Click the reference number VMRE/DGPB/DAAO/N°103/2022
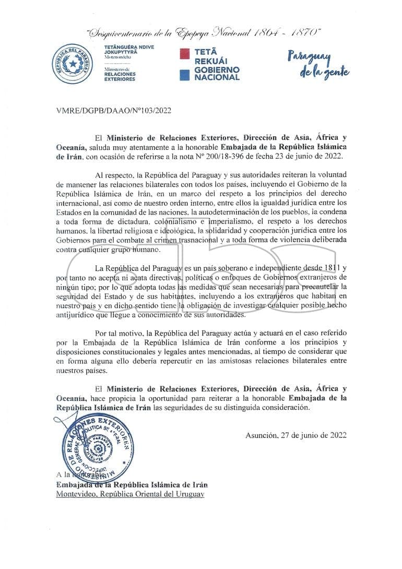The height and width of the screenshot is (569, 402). (x=113, y=110)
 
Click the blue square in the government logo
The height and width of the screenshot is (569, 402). (x=183, y=74)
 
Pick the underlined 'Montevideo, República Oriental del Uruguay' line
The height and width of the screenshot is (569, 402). (x=131, y=494)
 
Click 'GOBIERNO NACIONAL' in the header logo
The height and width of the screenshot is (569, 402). (x=217, y=73)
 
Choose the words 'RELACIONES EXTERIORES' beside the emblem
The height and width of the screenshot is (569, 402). (x=120, y=76)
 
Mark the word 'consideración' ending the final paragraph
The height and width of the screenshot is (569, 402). (x=284, y=408)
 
